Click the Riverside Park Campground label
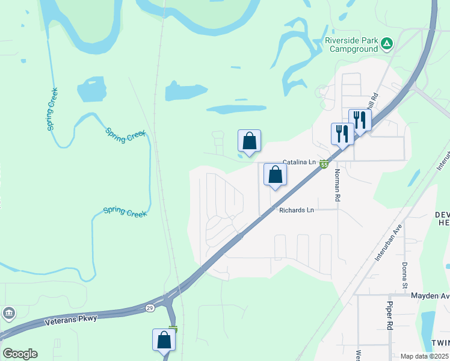351,45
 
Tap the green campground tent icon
387,43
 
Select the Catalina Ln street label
299,162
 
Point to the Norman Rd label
337,184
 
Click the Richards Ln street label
297,210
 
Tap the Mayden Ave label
430,295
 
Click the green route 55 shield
324,164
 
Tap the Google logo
20,354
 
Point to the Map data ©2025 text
424,356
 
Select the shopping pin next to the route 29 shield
164,341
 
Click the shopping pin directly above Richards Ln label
275,175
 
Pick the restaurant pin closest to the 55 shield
342,134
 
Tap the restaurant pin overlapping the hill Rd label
359,119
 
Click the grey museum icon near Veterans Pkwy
9,313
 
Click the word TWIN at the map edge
440,342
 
